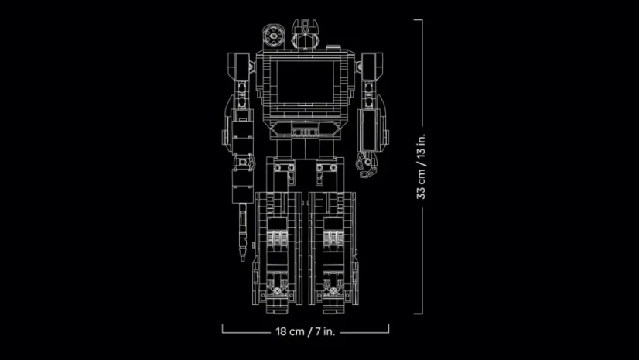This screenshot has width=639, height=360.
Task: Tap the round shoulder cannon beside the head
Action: coord(272,36)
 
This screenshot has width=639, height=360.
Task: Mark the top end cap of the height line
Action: coord(422,21)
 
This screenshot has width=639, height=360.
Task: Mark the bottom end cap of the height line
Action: coord(422,313)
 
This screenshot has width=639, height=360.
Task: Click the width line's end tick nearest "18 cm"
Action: coord(223,329)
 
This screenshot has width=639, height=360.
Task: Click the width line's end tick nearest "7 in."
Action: coord(389,329)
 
